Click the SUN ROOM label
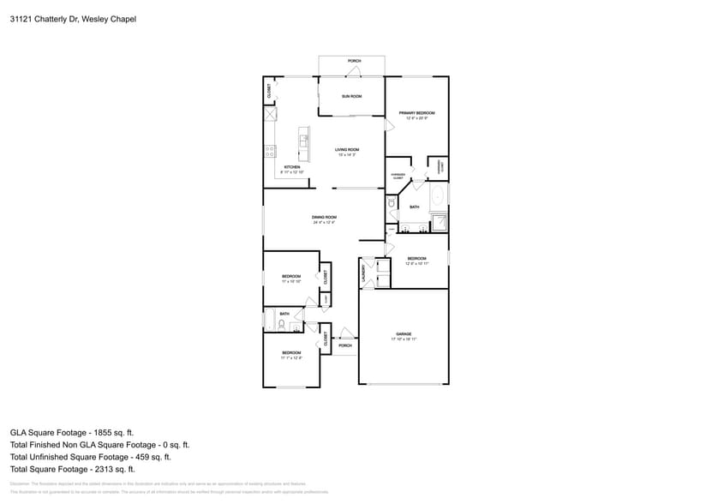click(351, 96)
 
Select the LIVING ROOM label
click(347, 150)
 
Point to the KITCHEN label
click(292, 167)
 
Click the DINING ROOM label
click(324, 218)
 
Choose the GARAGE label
click(404, 333)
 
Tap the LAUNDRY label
click(364, 273)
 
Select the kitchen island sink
click(303, 138)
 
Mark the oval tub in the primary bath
click(439, 196)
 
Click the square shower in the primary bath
click(439, 223)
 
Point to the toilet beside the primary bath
click(392, 204)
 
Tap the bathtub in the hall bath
click(271, 323)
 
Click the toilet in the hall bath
click(293, 326)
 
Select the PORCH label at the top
click(354, 61)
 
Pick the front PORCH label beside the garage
click(345, 345)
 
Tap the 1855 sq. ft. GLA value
click(115, 433)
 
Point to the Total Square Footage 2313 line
click(73, 469)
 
